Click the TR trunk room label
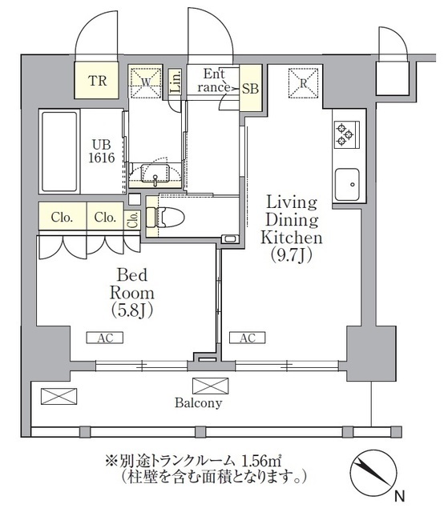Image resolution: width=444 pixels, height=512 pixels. coord(97,80)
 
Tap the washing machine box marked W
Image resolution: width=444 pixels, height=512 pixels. coord(145,80)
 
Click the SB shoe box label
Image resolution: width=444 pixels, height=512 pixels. coord(250,89)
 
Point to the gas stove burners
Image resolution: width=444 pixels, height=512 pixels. coord(345,134)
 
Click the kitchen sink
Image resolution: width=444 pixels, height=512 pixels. coord(347,186)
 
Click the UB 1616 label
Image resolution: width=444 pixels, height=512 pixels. coord(102,150)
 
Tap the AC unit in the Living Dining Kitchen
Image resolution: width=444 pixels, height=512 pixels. coord(248,338)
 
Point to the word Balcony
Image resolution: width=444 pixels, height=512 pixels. coord(198,403)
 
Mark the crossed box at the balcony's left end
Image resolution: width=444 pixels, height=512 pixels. coord(59,395)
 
